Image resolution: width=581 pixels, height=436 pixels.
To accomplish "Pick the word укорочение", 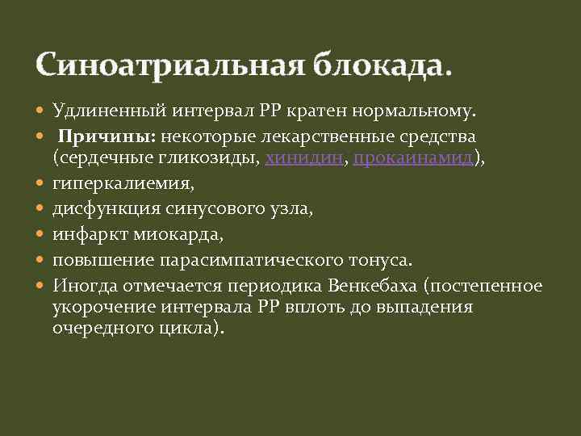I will pos(96,308).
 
